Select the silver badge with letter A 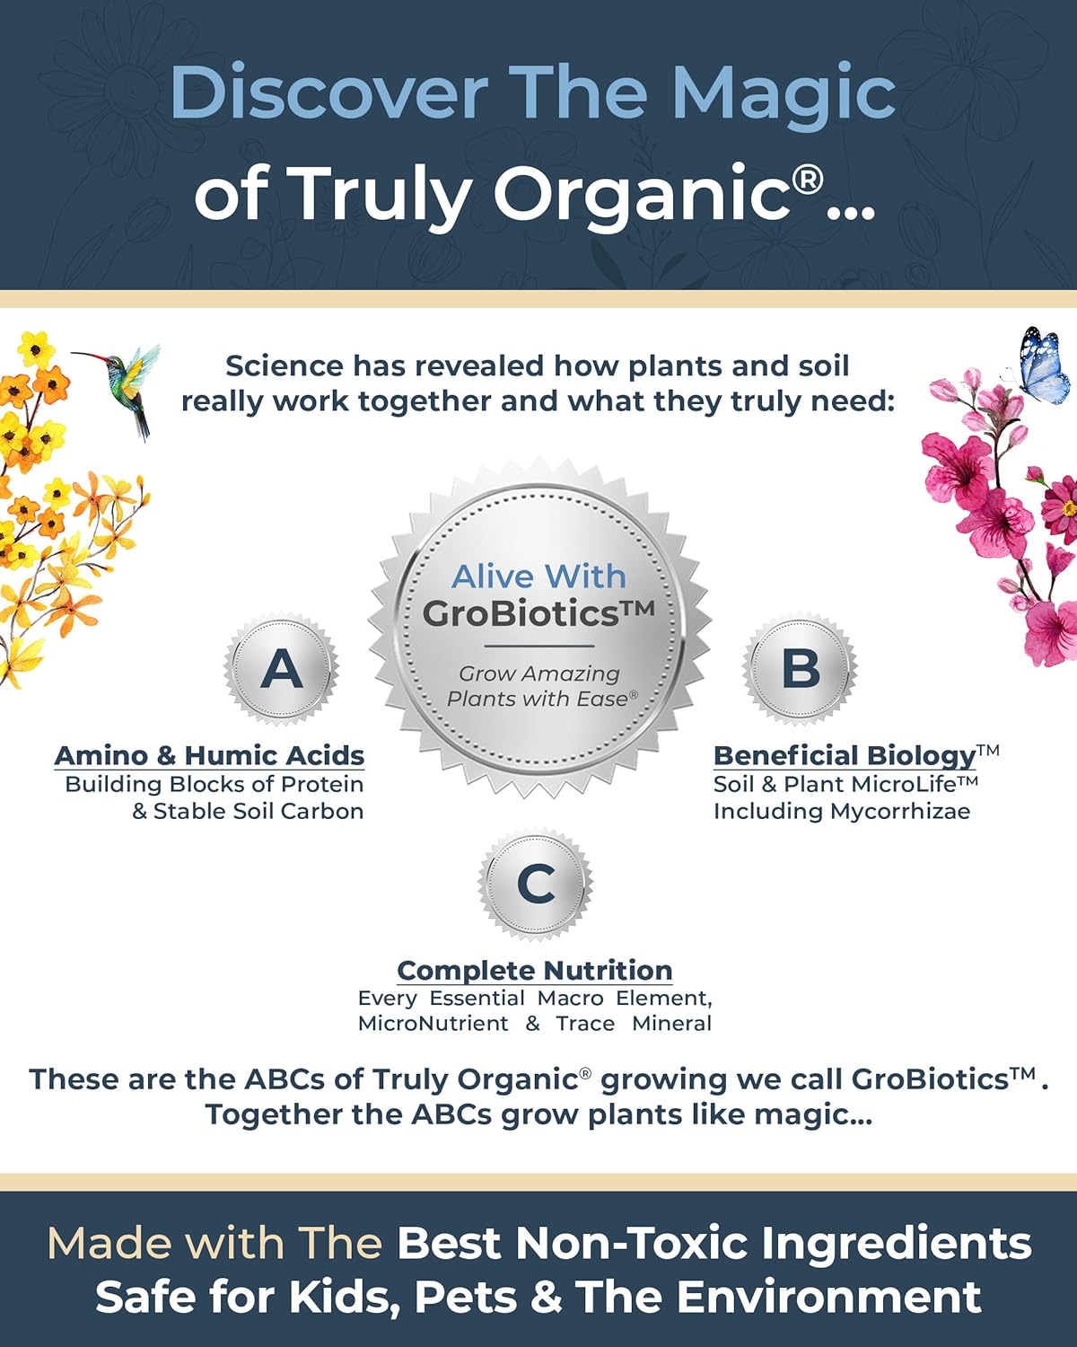click(282, 669)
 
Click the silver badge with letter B click(800, 669)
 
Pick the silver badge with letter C click(536, 884)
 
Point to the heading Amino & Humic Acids click(209, 755)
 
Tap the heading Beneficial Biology click(844, 755)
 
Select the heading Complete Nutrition click(535, 971)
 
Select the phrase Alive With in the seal click(538, 577)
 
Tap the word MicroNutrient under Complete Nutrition click(433, 1024)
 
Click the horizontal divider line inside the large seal click(538, 646)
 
